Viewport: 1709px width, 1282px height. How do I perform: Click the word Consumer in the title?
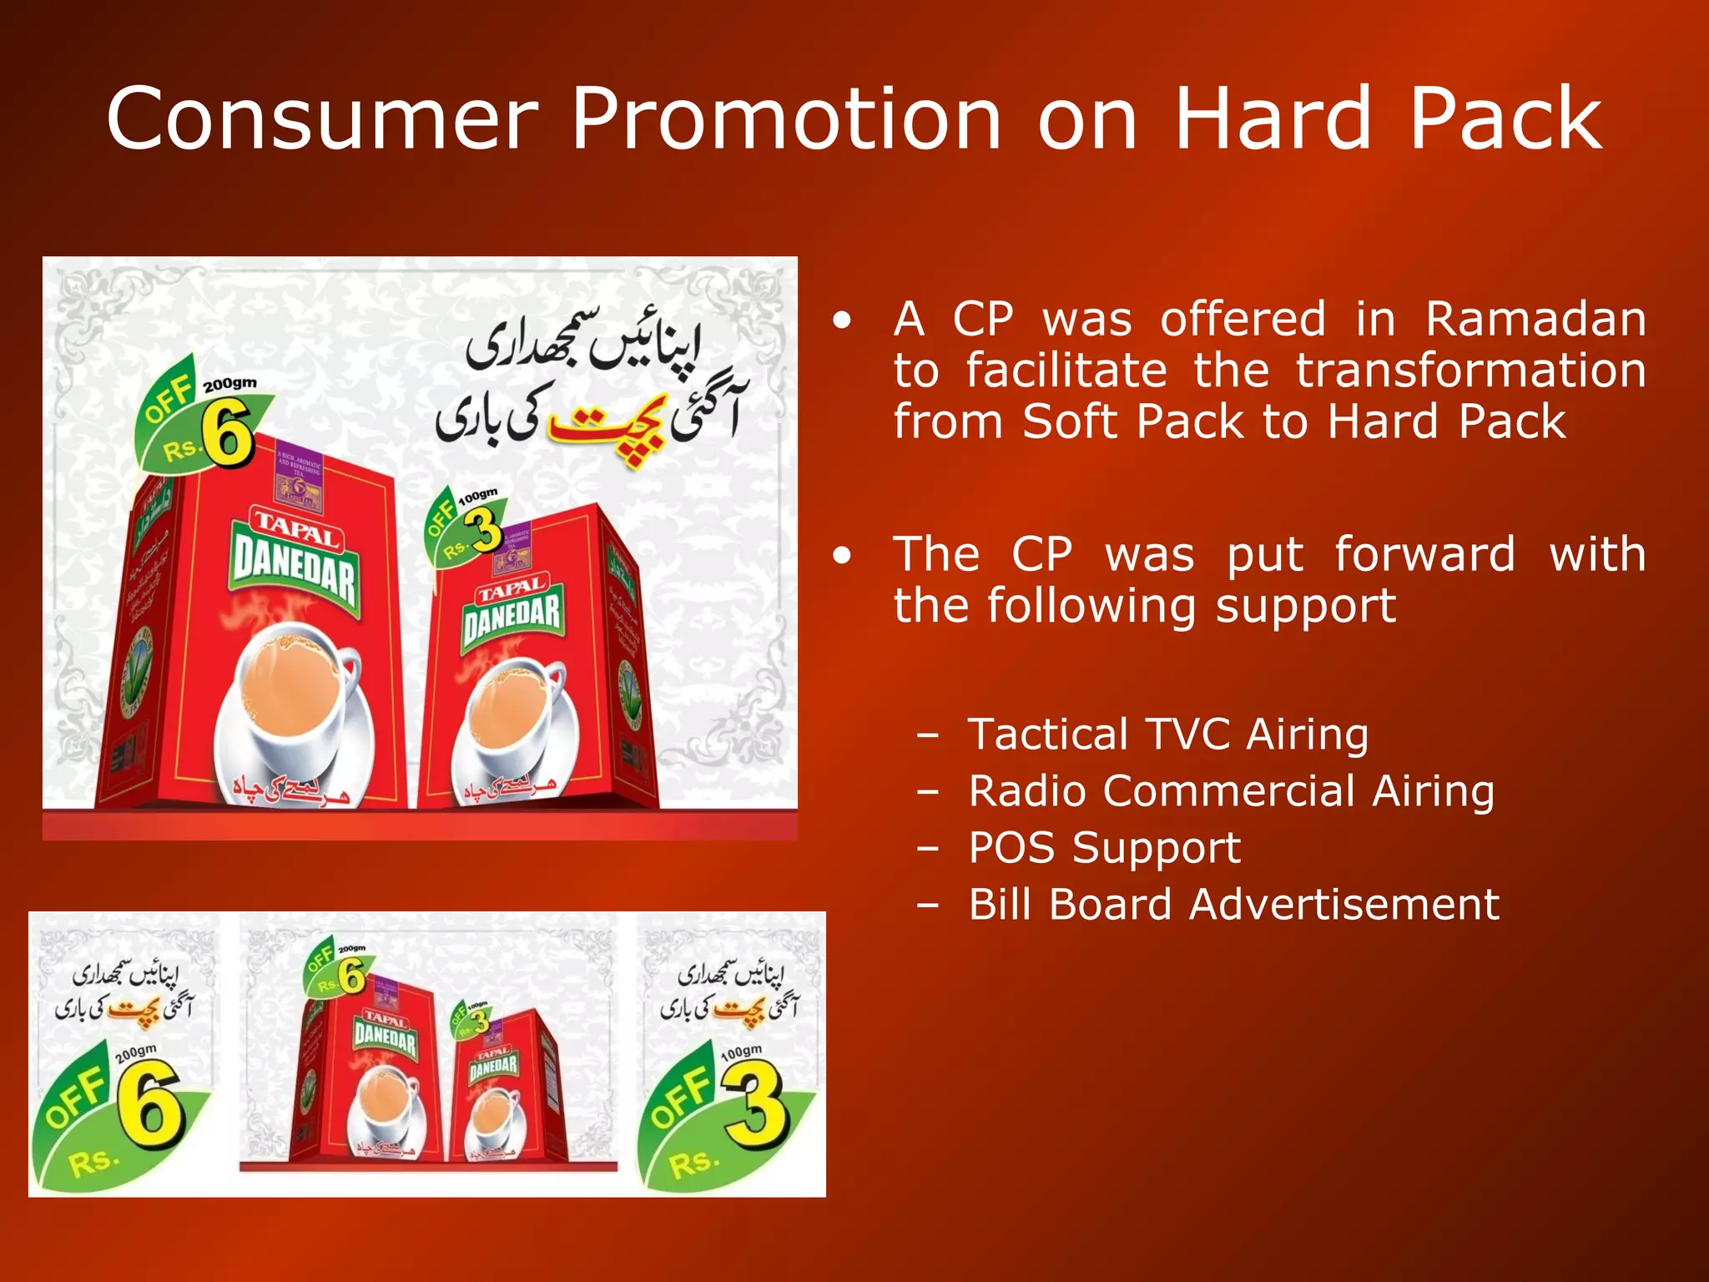tap(322, 119)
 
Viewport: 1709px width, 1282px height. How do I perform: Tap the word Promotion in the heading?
tap(786, 119)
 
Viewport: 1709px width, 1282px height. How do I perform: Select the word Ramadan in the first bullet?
tap(1535, 319)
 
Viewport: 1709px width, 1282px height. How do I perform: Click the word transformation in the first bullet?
tap(1470, 370)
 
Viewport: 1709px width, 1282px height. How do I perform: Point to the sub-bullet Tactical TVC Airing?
tap(1167, 734)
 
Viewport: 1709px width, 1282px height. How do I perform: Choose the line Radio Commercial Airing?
tap(1231, 791)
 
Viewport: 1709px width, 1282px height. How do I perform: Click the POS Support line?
tap(1104, 848)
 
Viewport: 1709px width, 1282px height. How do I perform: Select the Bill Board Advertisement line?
tap(1233, 905)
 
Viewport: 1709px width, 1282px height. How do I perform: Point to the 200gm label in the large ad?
tap(229, 384)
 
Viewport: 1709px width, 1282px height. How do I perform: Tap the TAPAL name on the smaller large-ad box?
tap(512, 590)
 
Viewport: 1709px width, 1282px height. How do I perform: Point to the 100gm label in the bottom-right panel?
tap(741, 1052)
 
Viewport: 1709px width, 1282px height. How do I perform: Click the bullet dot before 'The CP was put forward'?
tap(843, 555)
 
